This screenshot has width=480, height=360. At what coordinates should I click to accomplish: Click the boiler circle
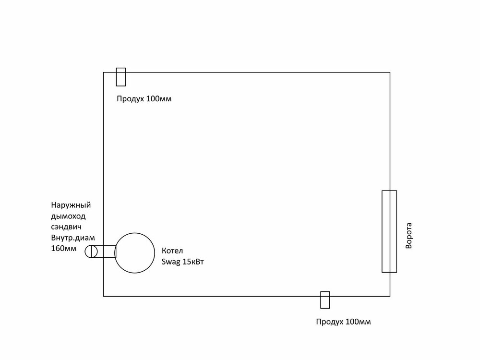(x=135, y=233)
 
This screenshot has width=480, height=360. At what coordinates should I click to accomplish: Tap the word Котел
(x=172, y=251)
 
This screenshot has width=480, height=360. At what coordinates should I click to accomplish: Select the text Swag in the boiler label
(x=171, y=263)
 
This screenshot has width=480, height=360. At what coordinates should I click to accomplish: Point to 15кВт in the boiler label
(x=193, y=262)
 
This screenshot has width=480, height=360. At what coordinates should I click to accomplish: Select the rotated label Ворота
(x=408, y=236)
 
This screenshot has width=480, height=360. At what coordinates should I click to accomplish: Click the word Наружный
(x=71, y=205)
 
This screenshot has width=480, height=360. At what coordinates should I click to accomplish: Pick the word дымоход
(x=68, y=216)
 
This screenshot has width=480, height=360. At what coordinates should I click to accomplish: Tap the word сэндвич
(x=66, y=227)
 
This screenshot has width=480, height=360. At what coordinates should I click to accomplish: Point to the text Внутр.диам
(x=73, y=238)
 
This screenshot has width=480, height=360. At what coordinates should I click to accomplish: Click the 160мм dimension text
(x=64, y=248)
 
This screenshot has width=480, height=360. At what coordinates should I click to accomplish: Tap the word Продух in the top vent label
(x=131, y=99)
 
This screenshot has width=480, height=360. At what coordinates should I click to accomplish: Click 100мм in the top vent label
(x=159, y=99)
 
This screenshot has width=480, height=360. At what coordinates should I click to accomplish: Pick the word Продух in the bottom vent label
(x=330, y=322)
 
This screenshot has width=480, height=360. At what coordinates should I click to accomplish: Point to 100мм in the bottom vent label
(x=358, y=322)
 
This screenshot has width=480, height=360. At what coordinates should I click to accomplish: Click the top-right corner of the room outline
(x=390, y=72)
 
